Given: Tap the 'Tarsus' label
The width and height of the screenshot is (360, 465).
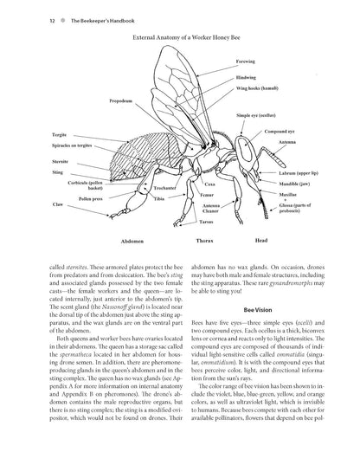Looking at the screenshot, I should coord(198,221).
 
